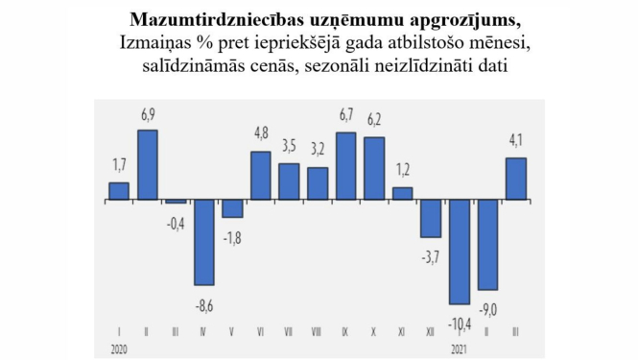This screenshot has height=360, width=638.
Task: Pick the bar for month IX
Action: click(345, 167)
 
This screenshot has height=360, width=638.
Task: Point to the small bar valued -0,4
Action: click(176, 203)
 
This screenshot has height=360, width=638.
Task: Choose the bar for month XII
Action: click(431, 219)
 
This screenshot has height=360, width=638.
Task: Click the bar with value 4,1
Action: click(515, 180)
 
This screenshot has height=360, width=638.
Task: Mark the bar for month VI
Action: click(260, 177)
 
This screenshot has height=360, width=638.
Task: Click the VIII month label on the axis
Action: click(317, 332)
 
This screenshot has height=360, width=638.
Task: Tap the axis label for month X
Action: click(374, 332)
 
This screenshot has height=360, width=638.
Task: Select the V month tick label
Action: click(232, 332)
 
